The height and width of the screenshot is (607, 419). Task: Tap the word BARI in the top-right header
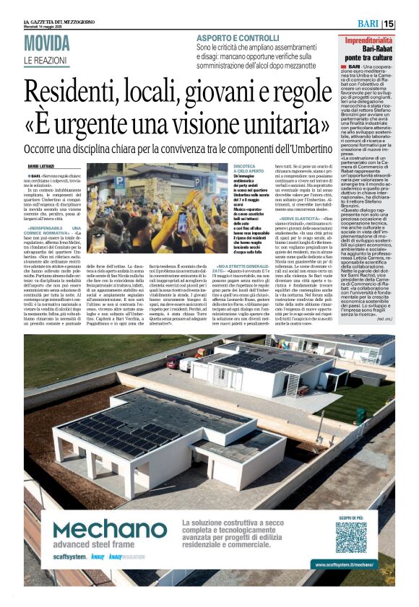(x=368, y=24)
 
